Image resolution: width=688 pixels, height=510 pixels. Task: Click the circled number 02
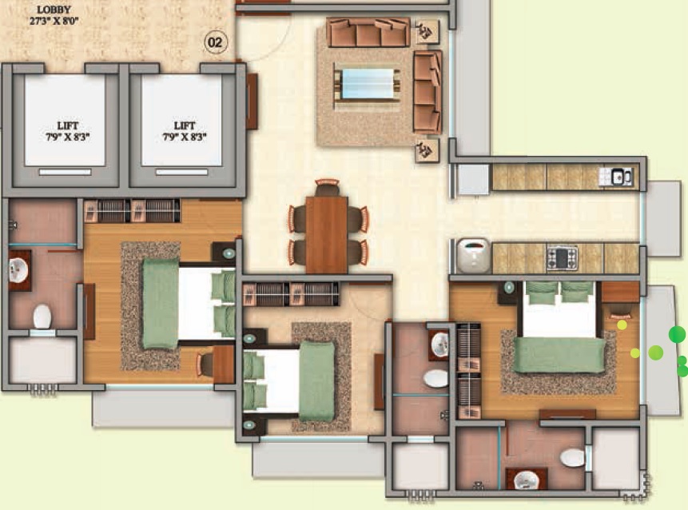215,42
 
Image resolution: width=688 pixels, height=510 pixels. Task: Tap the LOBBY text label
54,10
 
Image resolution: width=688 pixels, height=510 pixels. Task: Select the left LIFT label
68,126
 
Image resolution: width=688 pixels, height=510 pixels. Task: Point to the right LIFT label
185,126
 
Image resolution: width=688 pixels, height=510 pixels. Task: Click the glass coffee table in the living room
368,84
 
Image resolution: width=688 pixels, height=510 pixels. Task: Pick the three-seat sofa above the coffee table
368,33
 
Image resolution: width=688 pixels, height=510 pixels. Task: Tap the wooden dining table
327,235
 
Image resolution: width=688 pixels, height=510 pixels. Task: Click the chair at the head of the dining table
327,187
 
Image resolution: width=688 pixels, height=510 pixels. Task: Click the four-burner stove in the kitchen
562,257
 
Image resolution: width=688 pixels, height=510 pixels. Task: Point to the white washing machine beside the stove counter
473,256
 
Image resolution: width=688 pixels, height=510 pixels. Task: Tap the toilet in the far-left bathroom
42,317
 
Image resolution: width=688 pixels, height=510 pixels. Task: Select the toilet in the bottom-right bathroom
573,458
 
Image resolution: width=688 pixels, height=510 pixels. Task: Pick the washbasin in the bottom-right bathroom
526,480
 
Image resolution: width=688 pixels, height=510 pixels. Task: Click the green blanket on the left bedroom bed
161,303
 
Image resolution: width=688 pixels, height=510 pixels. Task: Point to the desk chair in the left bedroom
205,364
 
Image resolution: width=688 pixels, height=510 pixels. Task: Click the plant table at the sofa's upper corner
427,32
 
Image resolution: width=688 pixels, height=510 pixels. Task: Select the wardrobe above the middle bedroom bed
291,294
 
